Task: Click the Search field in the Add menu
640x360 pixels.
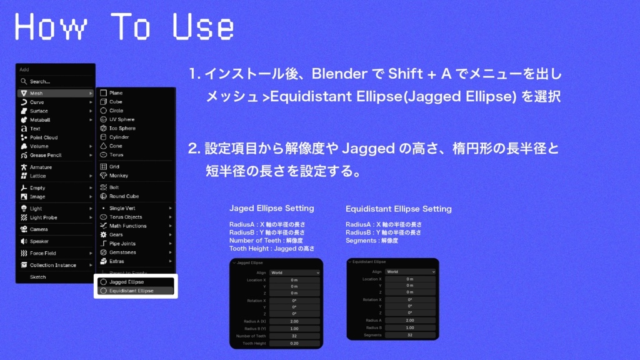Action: coord(55,81)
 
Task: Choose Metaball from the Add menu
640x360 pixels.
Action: coord(40,120)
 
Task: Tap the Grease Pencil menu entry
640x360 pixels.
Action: coord(46,155)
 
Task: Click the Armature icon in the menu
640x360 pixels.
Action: coord(24,167)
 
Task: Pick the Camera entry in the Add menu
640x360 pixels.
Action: coord(39,229)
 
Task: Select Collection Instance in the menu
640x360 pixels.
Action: coord(53,265)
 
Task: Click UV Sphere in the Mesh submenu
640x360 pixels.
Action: coord(122,119)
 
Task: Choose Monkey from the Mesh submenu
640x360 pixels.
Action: coord(119,176)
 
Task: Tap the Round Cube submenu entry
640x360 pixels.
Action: coord(124,196)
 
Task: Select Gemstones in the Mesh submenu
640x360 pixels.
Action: coord(122,252)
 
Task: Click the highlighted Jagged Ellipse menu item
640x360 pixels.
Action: coord(126,282)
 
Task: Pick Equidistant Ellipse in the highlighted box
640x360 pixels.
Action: coord(131,291)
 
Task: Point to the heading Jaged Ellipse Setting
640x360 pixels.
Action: coord(272,208)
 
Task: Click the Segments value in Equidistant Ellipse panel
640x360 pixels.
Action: coord(410,335)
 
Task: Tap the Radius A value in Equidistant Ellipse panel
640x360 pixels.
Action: coord(410,320)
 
